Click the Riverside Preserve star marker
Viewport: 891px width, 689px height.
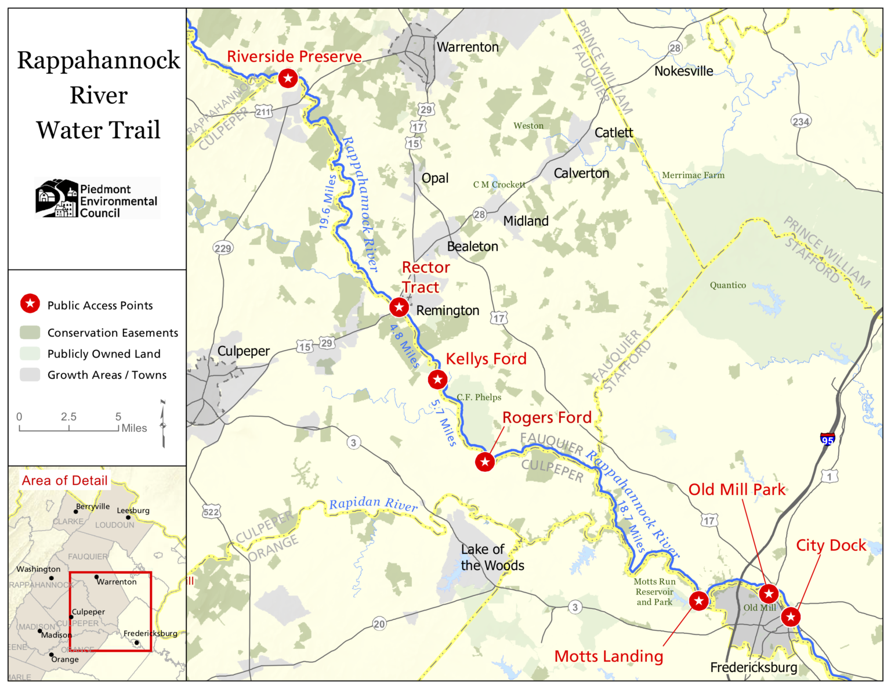tap(288, 78)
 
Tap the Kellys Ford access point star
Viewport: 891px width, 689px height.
tap(437, 380)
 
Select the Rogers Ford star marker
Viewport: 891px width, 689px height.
tap(485, 462)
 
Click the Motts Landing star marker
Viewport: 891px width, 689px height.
tap(698, 601)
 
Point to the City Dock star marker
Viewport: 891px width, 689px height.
tap(790, 616)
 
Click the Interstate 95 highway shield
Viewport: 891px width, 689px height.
tap(828, 439)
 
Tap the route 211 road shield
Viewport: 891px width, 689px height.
tap(263, 112)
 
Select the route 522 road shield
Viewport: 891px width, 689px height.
tap(211, 512)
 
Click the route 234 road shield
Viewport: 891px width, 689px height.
tap(801, 121)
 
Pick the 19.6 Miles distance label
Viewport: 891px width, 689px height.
tap(328, 202)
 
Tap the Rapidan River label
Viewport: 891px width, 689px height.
tap(373, 504)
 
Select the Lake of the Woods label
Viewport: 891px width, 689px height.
tap(492, 557)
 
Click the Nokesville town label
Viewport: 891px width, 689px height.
tap(683, 71)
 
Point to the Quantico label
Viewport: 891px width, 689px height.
tap(727, 285)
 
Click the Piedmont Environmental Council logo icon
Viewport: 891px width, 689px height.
tap(56, 199)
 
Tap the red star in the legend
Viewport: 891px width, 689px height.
tap(30, 304)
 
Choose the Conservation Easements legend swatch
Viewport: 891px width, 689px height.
tap(30, 333)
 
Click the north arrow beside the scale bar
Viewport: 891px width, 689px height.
tap(163, 424)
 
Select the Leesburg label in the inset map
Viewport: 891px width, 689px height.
tap(133, 511)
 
